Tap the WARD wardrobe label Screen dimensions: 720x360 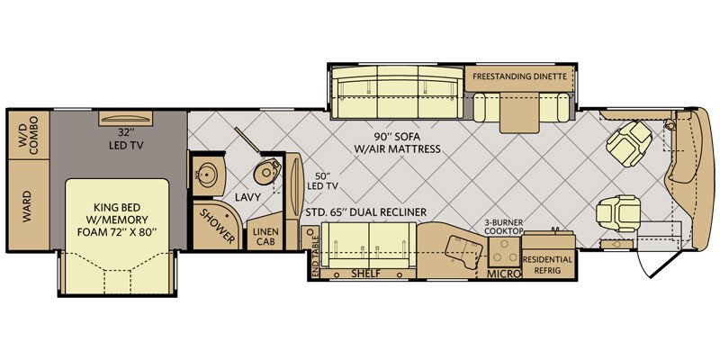[x=27, y=206]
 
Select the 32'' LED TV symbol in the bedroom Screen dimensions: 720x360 [x=126, y=118]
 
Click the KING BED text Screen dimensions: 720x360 [x=117, y=206]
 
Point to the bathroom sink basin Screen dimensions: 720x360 [x=206, y=175]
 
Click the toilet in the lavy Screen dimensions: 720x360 [x=266, y=172]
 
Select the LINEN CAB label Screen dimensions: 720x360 [x=265, y=235]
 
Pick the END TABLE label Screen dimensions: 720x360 [x=315, y=256]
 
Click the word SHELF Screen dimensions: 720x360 [x=366, y=274]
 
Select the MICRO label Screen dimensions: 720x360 [x=504, y=274]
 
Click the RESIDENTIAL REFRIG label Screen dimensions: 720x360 [x=547, y=265]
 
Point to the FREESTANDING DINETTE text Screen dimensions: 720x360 [x=519, y=76]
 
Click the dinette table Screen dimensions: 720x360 [x=519, y=112]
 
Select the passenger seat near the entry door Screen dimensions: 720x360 [x=617, y=213]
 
